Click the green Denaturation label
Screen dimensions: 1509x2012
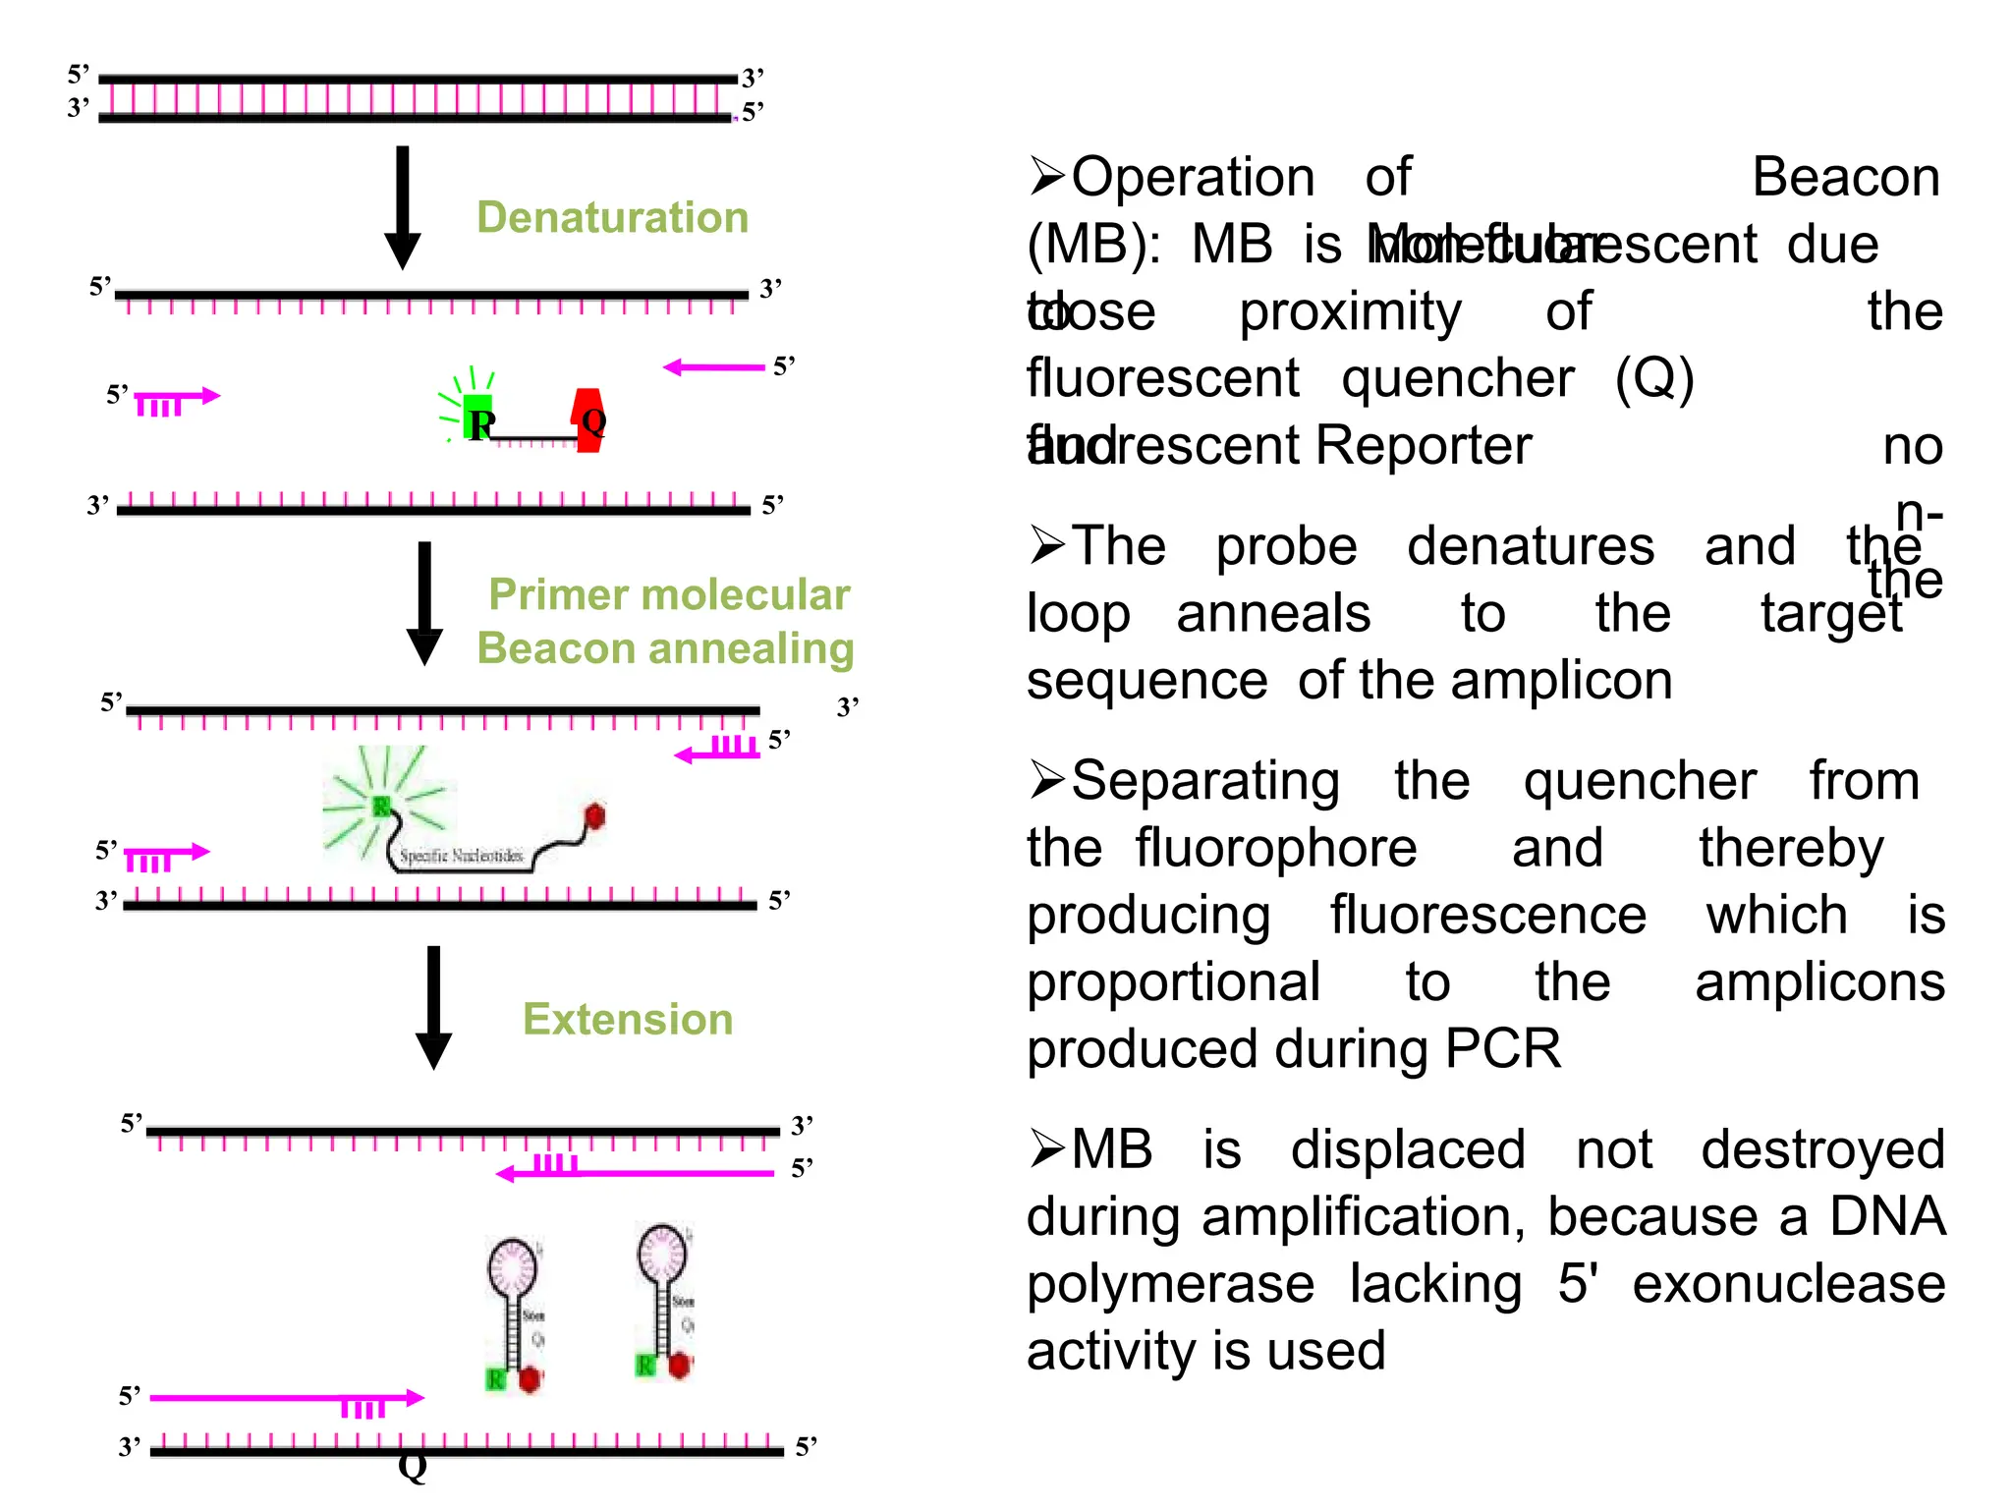pyautogui.click(x=612, y=217)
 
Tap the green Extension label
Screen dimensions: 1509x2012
pyautogui.click(x=628, y=1019)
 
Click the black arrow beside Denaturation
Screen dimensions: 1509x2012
pyautogui.click(x=402, y=207)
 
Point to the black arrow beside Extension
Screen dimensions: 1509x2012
pyautogui.click(x=433, y=1007)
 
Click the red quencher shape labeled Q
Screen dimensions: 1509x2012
pyautogui.click(x=589, y=420)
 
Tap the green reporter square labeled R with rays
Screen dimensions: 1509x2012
pyautogui.click(x=476, y=418)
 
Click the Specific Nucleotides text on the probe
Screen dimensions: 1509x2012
pyautogui.click(x=461, y=856)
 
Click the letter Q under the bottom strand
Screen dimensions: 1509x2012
pyautogui.click(x=413, y=1467)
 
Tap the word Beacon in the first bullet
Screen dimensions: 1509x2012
pyautogui.click(x=1845, y=178)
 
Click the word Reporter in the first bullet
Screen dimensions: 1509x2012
pyautogui.click(x=1423, y=446)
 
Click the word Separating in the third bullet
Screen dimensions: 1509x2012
pyautogui.click(x=1204, y=782)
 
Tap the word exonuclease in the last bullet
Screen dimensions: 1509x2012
pyautogui.click(x=1788, y=1284)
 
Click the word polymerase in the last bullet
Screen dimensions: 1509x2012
pyautogui.click(x=1170, y=1284)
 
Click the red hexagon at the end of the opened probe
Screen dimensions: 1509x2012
pyautogui.click(x=594, y=815)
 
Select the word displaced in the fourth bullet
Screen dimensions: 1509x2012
pyautogui.click(x=1407, y=1149)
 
